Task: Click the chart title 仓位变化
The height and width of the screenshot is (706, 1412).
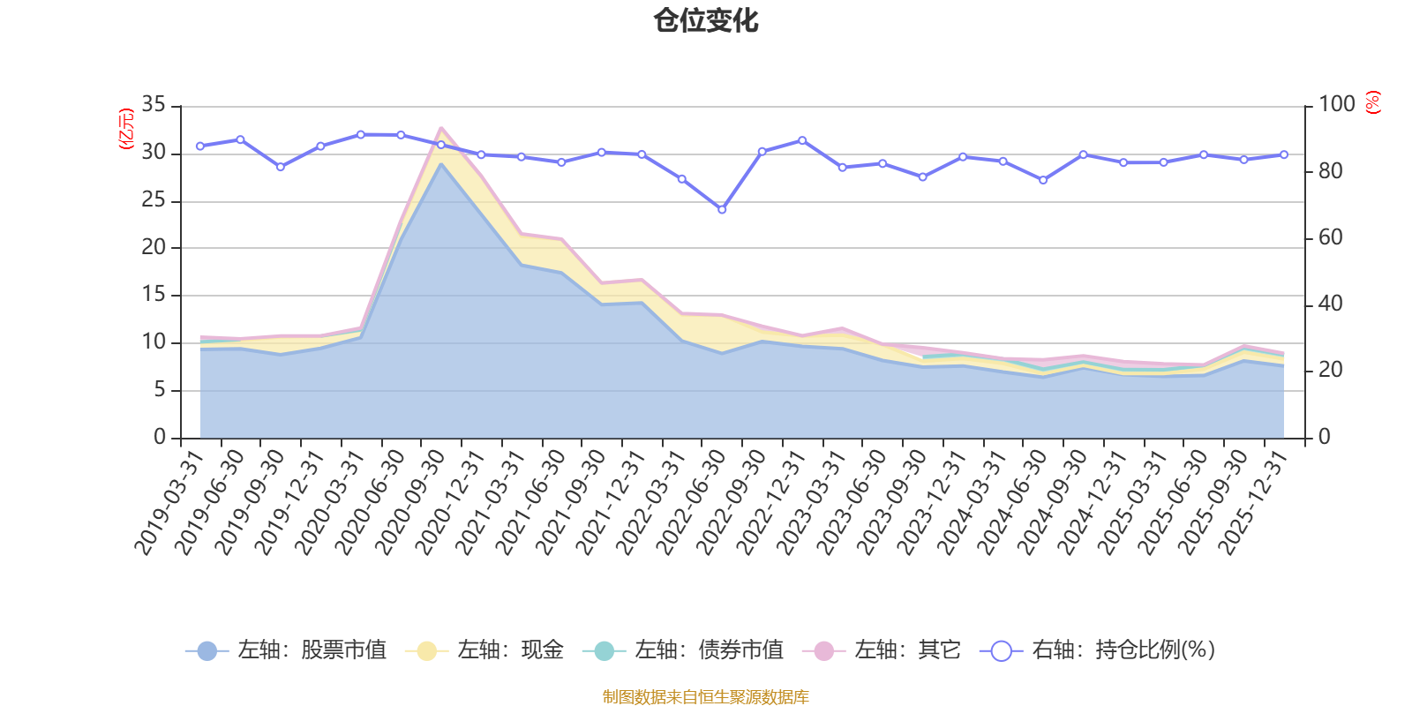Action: coord(706,20)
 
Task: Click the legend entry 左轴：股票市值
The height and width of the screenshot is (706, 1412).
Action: coord(286,650)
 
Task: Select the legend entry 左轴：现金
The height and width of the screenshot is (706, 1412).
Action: coord(484,650)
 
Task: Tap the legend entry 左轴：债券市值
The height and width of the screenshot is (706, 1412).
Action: coord(683,650)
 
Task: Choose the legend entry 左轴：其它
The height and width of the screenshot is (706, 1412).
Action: coord(882,650)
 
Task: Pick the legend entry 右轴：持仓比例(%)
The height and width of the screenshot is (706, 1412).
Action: coord(1098,650)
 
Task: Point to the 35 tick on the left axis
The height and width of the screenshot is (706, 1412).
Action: coord(154,105)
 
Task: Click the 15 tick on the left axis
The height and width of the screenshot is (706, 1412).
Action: coord(154,295)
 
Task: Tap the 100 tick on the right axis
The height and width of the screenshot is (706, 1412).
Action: coord(1336,105)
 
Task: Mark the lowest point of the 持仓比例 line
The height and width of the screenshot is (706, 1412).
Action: coord(722,210)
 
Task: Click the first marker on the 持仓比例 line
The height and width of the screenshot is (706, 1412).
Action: coord(200,146)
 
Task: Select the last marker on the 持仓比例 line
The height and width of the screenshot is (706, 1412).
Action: coord(1284,154)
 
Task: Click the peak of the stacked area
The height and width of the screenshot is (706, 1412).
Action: coord(440,128)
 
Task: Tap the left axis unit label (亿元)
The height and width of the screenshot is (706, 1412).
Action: coord(126,129)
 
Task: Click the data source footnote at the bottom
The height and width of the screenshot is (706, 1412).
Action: coord(706,697)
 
